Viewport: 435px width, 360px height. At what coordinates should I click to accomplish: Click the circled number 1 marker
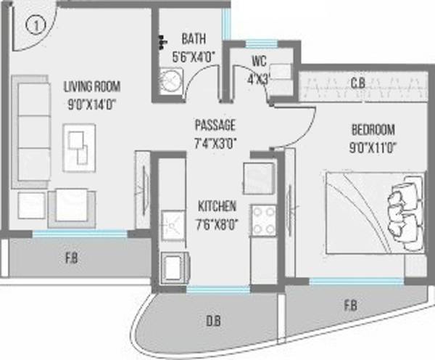click(33, 25)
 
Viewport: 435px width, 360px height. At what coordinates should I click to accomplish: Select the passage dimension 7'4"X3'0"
click(214, 142)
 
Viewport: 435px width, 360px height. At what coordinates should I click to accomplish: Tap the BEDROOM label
click(373, 130)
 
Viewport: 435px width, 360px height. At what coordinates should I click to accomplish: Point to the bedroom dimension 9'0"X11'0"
click(373, 145)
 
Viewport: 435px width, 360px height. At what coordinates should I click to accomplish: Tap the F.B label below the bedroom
click(349, 306)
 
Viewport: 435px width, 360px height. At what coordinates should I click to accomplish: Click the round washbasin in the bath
click(169, 81)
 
